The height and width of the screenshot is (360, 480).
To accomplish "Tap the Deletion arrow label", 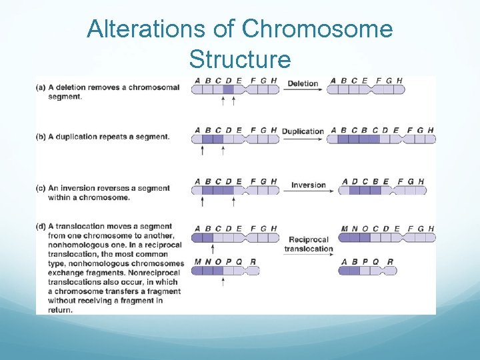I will tap(302, 83).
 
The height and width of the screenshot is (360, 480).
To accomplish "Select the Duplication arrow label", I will tap(303, 131).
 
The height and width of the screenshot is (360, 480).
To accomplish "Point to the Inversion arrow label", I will tap(308, 185).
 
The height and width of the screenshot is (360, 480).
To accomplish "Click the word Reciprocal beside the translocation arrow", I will tap(309, 239).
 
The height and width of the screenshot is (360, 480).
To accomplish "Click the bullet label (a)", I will tap(41, 87).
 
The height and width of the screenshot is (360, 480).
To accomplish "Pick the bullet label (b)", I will tap(41, 137).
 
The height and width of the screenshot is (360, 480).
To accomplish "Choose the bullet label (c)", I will tap(41, 189).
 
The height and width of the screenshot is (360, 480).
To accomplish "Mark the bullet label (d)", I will tap(41, 227).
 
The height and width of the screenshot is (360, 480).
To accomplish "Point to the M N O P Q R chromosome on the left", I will tap(225, 270).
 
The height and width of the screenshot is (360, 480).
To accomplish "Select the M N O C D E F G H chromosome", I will tap(387, 237).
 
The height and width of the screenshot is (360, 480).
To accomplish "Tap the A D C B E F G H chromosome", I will tap(383, 190).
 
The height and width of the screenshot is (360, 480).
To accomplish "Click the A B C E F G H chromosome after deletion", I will tap(365, 89).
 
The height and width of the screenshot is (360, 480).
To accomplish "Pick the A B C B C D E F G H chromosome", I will tap(383, 139).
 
